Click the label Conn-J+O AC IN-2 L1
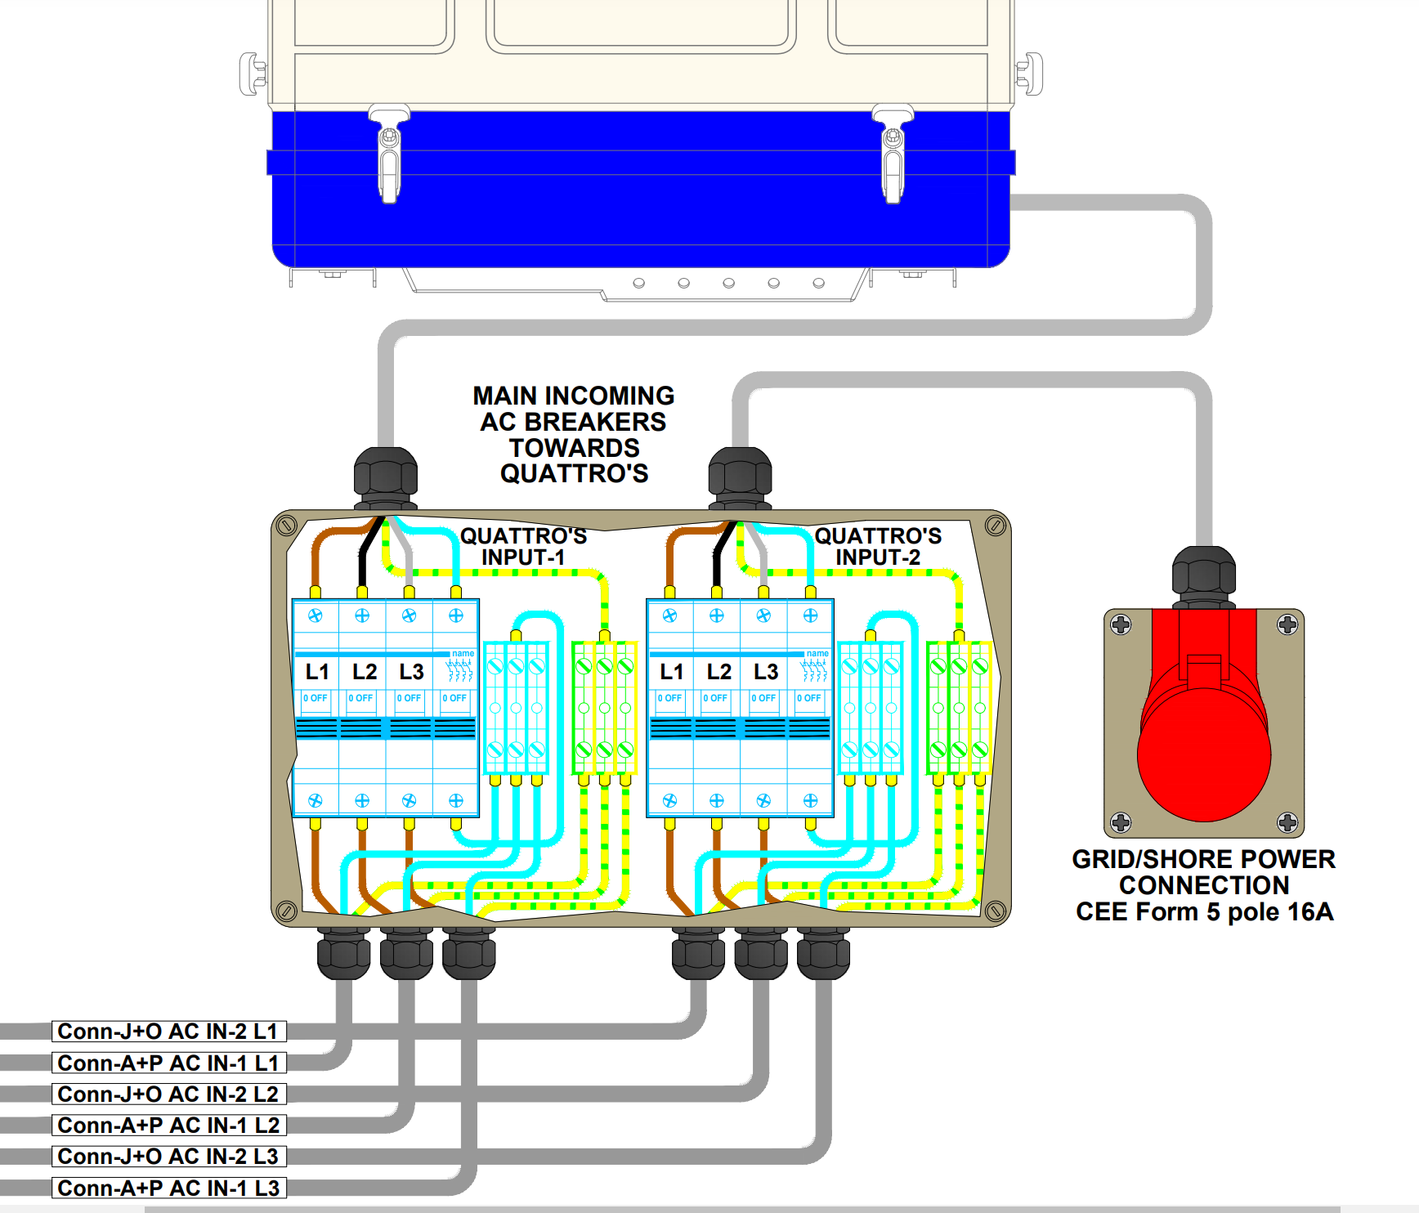tap(168, 1032)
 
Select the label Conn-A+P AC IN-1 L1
tap(168, 1063)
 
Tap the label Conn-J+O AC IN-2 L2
tap(168, 1094)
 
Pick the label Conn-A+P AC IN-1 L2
tap(168, 1126)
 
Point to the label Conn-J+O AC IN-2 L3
tap(168, 1157)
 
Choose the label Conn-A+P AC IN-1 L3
tap(168, 1188)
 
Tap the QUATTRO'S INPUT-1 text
tap(523, 546)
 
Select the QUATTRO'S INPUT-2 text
tap(878, 546)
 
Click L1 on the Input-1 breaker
tap(317, 672)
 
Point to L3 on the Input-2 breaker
tap(766, 672)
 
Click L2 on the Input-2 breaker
tap(719, 672)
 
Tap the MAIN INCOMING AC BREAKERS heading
tap(574, 435)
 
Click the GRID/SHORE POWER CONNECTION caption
tap(1204, 885)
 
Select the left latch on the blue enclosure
tap(389, 155)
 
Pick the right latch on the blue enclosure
tap(893, 155)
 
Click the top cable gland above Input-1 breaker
tap(386, 477)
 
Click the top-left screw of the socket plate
tap(1121, 625)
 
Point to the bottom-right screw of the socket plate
tap(1287, 821)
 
